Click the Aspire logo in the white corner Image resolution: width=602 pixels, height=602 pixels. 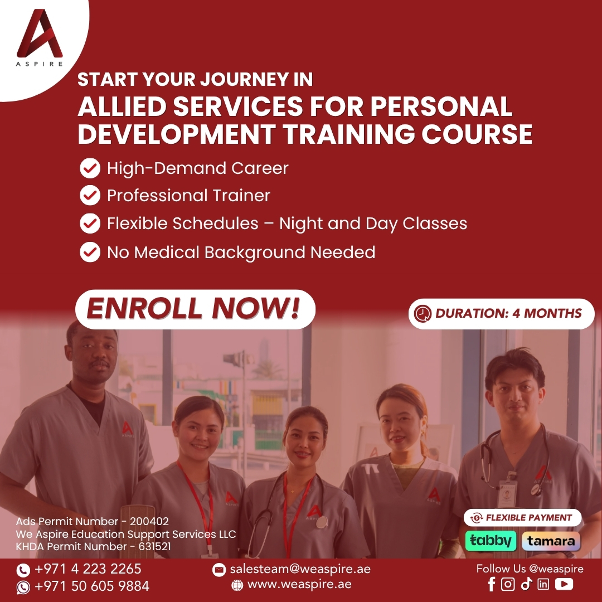pos(39,38)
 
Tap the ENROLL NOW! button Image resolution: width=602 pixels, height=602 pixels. pos(195,309)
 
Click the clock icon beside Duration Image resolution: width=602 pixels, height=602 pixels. pos(423,314)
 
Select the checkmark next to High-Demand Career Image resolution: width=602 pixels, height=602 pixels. pos(90,168)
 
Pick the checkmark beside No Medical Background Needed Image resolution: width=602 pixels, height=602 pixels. pos(90,253)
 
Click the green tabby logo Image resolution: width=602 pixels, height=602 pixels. pos(491,541)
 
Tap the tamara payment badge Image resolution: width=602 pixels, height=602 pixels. pos(551,541)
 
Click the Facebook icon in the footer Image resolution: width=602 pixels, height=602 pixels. pos(492,584)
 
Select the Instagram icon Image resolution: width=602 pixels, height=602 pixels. pos(508,584)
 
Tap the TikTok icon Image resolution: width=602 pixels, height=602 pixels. pos(526,584)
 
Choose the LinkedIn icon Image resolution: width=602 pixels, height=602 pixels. pos(543,584)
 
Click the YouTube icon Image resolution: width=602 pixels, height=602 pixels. pos(564,584)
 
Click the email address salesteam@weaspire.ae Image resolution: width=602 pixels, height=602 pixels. pos(300,569)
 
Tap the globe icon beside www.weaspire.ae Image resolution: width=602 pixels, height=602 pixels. pos(237,585)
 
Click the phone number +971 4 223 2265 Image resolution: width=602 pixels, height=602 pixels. pos(88,569)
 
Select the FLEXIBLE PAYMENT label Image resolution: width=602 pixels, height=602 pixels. pos(522,518)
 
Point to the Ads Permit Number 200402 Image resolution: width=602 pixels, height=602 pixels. pos(92,521)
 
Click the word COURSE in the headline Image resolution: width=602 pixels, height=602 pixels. pos(477,134)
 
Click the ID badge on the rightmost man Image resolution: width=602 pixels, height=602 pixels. pos(506,494)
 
